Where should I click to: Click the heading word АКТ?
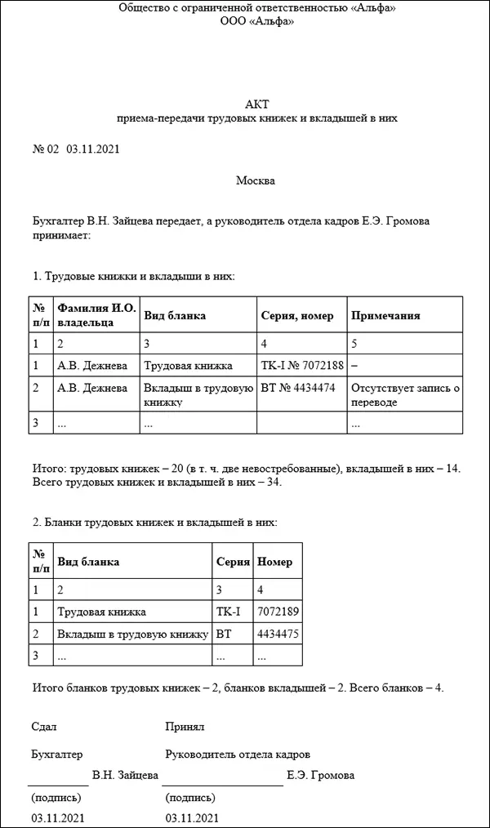coord(257,104)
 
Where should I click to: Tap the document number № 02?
coord(45,149)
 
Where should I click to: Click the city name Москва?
coord(256,180)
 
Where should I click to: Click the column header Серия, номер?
coord(296,316)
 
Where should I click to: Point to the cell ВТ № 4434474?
coord(297,388)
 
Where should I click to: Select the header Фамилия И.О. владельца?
coord(96,316)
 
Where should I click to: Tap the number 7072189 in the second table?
coord(274,611)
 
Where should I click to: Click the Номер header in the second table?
coord(274,562)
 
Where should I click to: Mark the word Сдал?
coord(44,726)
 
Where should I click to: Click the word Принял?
coord(184,726)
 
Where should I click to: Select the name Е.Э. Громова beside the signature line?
coord(321,775)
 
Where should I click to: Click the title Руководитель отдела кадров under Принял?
coord(238,755)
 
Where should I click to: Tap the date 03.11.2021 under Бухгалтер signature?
coord(57,817)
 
